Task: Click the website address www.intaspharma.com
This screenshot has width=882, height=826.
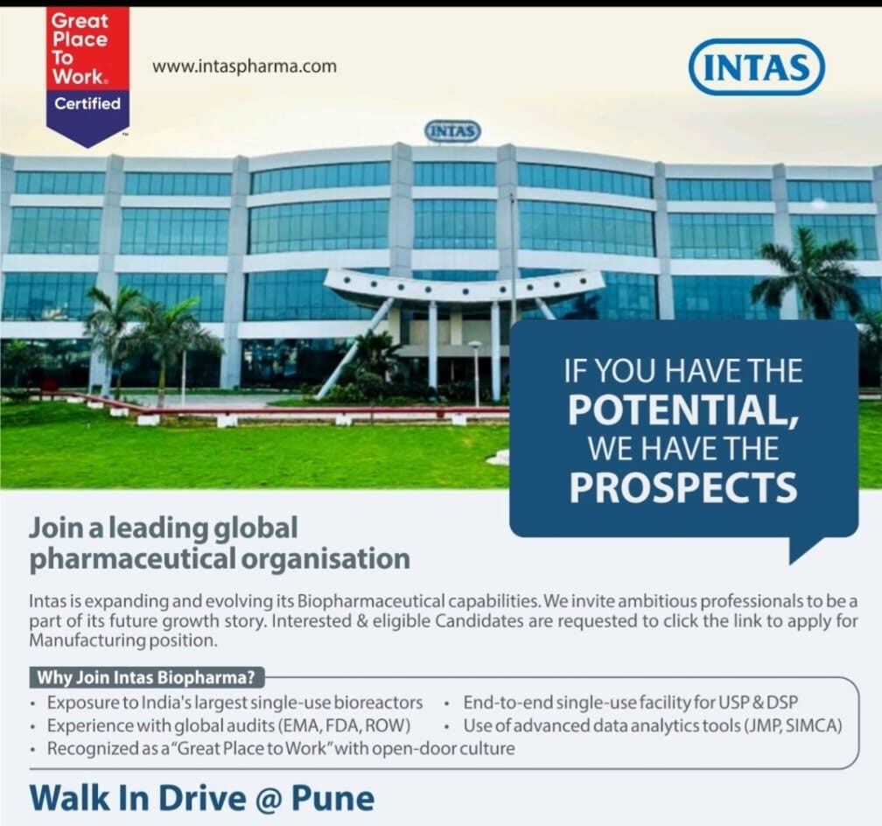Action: tap(244, 66)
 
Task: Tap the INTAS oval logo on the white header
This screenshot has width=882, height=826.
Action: tap(756, 66)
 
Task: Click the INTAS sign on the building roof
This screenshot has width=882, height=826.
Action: tap(452, 131)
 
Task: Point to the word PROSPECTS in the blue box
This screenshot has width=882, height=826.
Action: tap(683, 488)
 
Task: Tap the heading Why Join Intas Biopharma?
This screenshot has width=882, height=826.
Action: tap(148, 677)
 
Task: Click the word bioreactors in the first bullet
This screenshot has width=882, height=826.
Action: tap(382, 703)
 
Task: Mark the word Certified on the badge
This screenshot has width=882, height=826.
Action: tap(87, 103)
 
